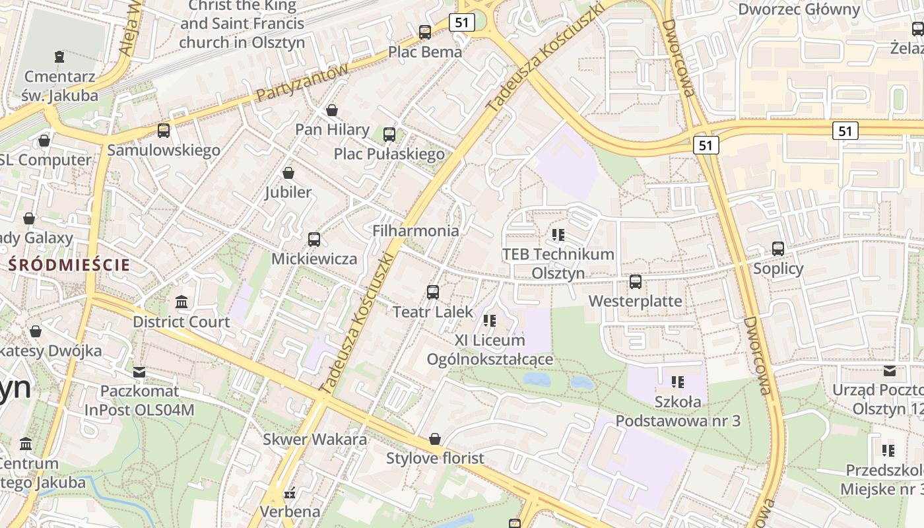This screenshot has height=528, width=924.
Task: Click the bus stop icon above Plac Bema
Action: click(x=425, y=32)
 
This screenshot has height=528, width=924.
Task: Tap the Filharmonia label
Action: click(x=416, y=231)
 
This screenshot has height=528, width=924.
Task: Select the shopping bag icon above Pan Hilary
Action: click(x=332, y=110)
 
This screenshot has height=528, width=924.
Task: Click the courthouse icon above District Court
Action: click(x=181, y=302)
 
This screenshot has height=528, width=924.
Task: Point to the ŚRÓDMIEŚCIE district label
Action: click(x=69, y=265)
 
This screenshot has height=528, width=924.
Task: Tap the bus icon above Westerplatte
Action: click(x=636, y=282)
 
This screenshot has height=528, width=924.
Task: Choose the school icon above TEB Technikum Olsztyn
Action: click(x=558, y=234)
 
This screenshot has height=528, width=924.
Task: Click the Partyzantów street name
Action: click(x=302, y=82)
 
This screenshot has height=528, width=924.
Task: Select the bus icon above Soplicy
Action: click(x=778, y=249)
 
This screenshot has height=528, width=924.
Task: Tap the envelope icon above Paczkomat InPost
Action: click(x=139, y=372)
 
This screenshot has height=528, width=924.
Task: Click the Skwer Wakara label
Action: click(x=315, y=439)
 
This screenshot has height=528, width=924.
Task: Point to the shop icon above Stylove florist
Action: click(x=435, y=439)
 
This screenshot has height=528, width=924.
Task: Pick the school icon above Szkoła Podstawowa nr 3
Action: click(x=677, y=381)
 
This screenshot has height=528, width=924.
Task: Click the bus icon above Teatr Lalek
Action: click(x=433, y=292)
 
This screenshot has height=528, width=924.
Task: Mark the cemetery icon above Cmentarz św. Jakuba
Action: click(x=59, y=57)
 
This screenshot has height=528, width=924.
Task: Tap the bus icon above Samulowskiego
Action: click(x=164, y=131)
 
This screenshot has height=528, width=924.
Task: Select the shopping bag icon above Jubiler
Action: click(x=288, y=173)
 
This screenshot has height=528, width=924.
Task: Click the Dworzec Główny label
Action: click(x=799, y=10)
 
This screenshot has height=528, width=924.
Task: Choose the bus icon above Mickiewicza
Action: click(x=314, y=239)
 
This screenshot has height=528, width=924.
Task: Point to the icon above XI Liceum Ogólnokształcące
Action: click(x=490, y=321)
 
